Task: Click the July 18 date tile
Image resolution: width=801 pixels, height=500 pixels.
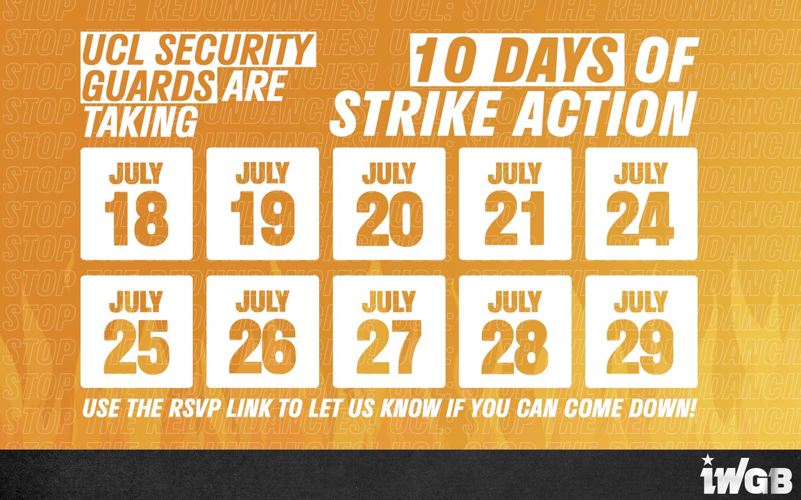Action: click(x=136, y=203)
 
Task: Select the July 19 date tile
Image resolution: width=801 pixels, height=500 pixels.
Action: click(x=262, y=203)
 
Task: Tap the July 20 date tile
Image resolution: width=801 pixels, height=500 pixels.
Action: click(x=388, y=203)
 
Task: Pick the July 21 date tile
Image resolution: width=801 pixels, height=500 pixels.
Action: click(x=515, y=203)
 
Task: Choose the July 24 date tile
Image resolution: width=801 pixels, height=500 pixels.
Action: click(x=641, y=203)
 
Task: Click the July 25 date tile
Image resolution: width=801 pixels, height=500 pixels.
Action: click(x=136, y=331)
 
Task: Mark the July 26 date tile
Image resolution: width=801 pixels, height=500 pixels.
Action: click(x=262, y=331)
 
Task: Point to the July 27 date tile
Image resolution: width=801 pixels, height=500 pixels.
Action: click(x=388, y=331)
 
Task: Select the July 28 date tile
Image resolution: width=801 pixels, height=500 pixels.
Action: click(x=515, y=331)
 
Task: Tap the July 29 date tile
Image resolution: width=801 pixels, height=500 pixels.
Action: click(x=641, y=331)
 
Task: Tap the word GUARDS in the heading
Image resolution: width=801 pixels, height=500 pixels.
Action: click(x=149, y=87)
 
